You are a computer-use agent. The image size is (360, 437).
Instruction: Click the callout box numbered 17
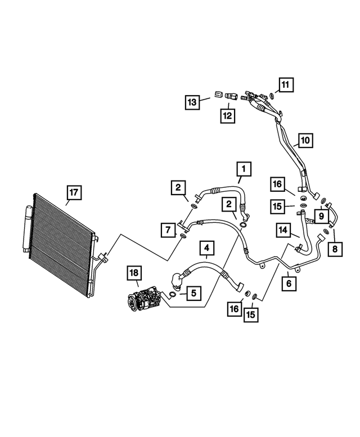pyautogui.click(x=73, y=193)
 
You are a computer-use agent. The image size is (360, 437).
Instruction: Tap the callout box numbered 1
pyautogui.click(x=243, y=168)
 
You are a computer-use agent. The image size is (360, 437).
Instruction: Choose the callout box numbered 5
pyautogui.click(x=192, y=292)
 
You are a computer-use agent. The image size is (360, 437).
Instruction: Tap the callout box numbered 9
pyautogui.click(x=319, y=215)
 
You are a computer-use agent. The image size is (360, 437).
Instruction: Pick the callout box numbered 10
pyautogui.click(x=304, y=139)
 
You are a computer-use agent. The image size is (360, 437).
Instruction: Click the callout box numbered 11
pyautogui.click(x=286, y=85)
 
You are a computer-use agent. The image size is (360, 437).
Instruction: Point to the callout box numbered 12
pyautogui.click(x=228, y=115)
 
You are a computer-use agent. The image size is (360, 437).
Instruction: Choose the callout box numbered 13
pyautogui.click(x=193, y=102)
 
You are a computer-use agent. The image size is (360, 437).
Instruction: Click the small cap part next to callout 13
pyautogui.click(x=217, y=95)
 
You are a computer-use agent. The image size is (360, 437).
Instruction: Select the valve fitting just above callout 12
pyautogui.click(x=229, y=96)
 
